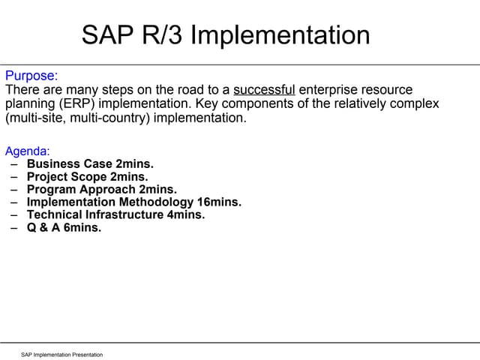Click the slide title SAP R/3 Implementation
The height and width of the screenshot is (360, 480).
226,34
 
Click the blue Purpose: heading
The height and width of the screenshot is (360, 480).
31,76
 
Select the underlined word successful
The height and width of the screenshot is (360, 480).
264,89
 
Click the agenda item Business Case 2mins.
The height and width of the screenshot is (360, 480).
90,164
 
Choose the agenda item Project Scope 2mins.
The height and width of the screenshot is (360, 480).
88,177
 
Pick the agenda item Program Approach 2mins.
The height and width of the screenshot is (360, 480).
101,190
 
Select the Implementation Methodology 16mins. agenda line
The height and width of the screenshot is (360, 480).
134,202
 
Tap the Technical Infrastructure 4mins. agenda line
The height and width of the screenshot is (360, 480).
115,215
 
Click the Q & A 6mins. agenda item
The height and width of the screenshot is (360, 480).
64,228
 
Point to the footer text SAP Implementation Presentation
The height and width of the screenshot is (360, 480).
61,354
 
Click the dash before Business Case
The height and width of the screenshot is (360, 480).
14,164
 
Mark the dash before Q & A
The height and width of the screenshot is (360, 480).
14,228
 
